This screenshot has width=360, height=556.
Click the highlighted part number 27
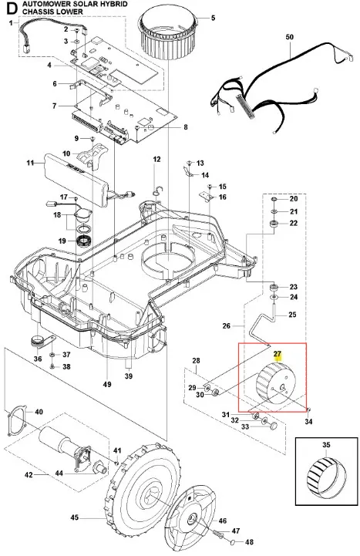click(x=277, y=354)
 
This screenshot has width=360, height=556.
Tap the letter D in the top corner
click(x=12, y=8)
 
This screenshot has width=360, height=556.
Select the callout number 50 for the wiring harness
click(x=290, y=37)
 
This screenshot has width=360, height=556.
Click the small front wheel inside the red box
click(x=275, y=385)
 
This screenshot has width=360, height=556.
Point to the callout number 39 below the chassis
click(x=129, y=376)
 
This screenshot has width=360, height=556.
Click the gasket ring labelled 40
click(x=16, y=421)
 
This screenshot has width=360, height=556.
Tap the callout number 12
click(x=156, y=160)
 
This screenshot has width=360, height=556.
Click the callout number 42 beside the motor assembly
click(x=29, y=475)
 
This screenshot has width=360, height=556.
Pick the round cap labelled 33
click(x=273, y=426)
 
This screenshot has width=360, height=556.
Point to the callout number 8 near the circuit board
click(x=186, y=127)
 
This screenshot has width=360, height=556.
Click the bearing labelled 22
click(x=274, y=224)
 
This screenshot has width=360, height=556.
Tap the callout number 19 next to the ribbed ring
click(x=62, y=241)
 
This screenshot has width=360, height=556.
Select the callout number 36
click(x=38, y=359)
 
